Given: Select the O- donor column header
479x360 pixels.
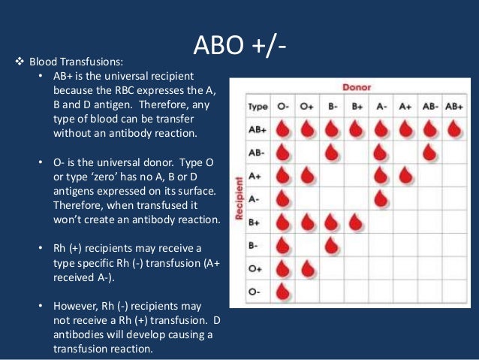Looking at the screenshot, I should tap(284, 107).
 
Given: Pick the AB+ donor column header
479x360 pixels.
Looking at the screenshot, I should tap(453, 107).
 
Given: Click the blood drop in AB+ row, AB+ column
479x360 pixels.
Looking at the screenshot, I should tap(453, 130).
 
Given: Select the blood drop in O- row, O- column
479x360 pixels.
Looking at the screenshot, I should tap(284, 292).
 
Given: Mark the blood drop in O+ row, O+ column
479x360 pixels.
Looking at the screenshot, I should tap(307, 268).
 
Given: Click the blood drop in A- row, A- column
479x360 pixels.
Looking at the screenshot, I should tap(381, 199).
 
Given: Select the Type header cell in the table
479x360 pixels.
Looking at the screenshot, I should tap(258, 107).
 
